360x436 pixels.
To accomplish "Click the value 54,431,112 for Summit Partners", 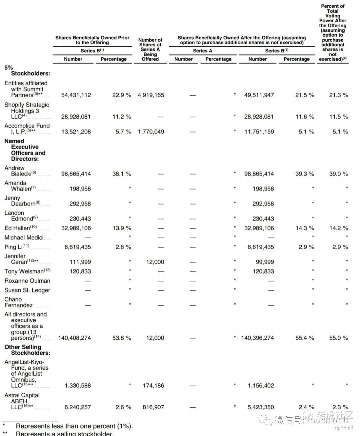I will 76,95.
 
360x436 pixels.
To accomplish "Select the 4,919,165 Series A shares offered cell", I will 151,95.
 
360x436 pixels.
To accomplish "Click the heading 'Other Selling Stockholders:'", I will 27,350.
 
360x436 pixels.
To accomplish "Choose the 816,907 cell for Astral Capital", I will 153,407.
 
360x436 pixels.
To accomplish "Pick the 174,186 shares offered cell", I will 153,385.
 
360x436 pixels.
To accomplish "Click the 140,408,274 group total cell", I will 74,338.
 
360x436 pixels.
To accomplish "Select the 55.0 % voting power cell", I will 338,338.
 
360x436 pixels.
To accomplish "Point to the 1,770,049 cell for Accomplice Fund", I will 151,132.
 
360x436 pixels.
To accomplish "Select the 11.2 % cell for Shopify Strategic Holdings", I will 122,117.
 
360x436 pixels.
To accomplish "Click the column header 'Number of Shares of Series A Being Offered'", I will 150,49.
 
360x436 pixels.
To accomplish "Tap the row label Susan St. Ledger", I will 27,290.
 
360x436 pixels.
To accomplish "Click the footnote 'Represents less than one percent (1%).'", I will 74,426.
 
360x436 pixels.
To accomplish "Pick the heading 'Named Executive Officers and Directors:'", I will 25,150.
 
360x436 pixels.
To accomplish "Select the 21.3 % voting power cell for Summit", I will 338,95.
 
